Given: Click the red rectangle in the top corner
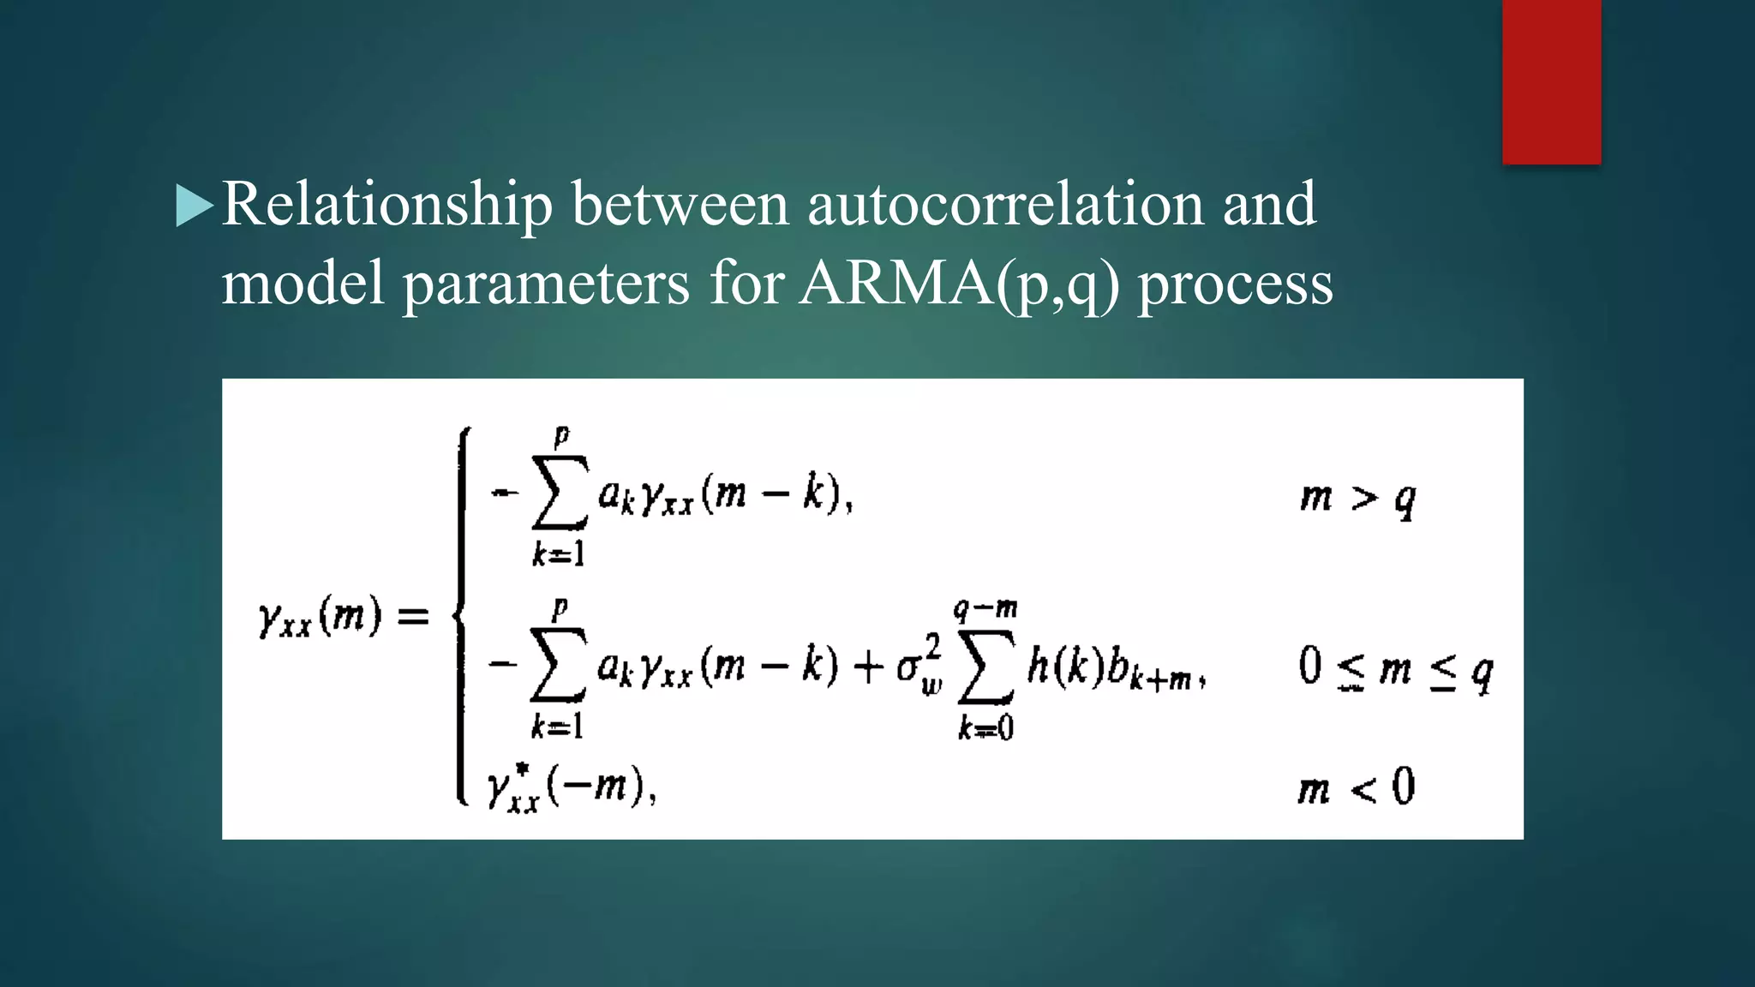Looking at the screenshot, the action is click(x=1551, y=81).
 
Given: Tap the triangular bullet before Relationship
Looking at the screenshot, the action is click(x=195, y=206).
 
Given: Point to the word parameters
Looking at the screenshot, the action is click(x=546, y=284).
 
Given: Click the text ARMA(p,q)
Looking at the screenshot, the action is click(x=959, y=284).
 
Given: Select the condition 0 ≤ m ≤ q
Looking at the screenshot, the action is click(x=1395, y=669).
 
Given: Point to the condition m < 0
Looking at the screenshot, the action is click(x=1356, y=787).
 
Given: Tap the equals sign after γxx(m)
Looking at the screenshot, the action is click(x=413, y=616).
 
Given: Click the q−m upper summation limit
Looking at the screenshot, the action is click(x=985, y=609).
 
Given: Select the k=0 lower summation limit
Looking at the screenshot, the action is click(x=985, y=728).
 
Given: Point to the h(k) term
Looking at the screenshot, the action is click(x=1064, y=666).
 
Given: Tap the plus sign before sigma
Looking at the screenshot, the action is click(x=867, y=667).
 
